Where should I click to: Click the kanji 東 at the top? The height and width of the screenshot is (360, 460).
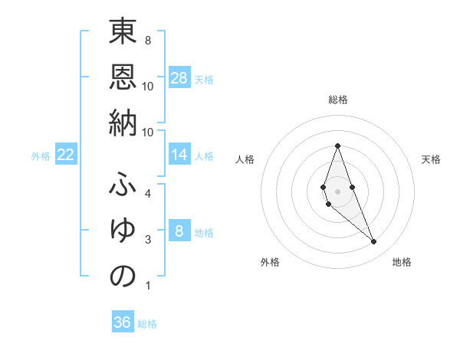point(123,34)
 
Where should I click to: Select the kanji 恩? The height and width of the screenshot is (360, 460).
point(123,78)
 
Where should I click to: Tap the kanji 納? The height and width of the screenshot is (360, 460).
point(123,122)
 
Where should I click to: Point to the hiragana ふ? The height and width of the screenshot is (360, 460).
point(123,187)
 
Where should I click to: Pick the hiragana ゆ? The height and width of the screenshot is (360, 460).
point(123,231)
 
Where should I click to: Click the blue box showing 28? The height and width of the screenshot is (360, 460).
point(179,78)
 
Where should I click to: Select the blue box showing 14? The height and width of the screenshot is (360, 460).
point(179,155)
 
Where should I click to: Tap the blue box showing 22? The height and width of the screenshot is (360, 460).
point(66,155)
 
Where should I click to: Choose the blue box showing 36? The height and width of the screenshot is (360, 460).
point(123,322)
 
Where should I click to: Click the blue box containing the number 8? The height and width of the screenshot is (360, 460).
point(179,231)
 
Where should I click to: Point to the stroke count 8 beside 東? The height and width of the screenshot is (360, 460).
point(147,40)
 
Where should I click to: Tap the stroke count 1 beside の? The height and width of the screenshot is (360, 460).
point(147,286)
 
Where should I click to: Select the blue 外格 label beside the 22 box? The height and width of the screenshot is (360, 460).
point(41,156)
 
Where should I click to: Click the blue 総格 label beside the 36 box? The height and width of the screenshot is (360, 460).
point(147,324)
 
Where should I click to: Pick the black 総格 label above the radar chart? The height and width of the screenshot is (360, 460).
point(337,100)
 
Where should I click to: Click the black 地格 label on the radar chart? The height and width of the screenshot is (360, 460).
point(402,262)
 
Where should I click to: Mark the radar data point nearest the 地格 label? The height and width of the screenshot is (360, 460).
point(373,242)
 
